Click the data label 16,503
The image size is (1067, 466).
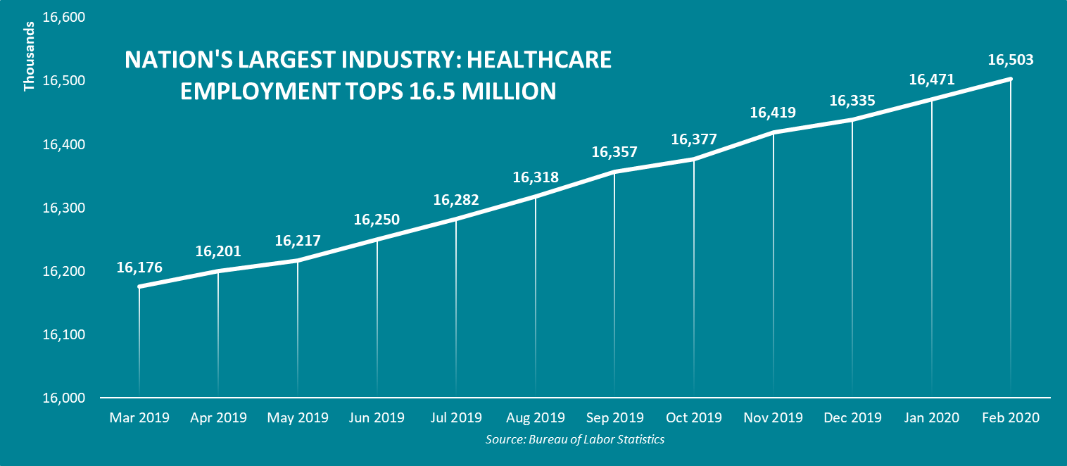(x=1011, y=60)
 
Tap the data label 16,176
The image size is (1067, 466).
(x=139, y=267)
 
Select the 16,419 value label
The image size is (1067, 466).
(x=773, y=113)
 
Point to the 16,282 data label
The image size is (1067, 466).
(x=456, y=200)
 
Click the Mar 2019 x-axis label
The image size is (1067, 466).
(x=139, y=417)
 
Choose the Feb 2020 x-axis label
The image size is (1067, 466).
(x=1011, y=417)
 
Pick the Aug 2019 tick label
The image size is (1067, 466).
(x=536, y=417)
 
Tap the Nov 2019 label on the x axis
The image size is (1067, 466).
(x=773, y=417)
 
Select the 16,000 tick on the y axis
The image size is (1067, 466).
(x=64, y=398)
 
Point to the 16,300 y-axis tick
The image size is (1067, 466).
(x=64, y=208)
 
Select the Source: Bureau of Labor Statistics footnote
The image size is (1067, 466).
(x=575, y=439)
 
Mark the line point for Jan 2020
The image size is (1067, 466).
(x=932, y=100)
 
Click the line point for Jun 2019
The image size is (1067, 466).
(x=377, y=240)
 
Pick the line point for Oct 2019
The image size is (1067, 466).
(x=694, y=160)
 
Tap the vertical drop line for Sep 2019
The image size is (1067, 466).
(x=614, y=282)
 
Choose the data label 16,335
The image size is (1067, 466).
(x=852, y=101)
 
